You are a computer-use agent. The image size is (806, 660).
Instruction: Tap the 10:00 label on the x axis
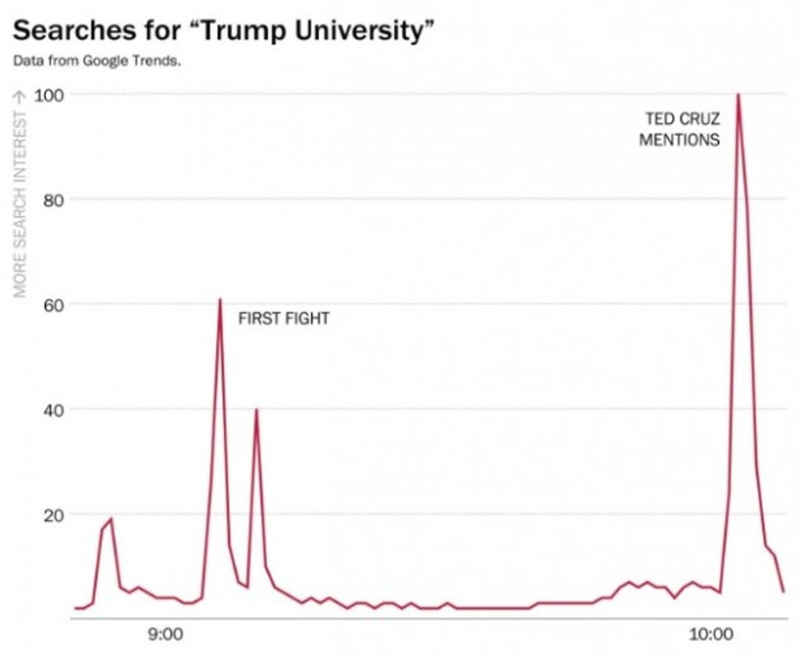pos(711,635)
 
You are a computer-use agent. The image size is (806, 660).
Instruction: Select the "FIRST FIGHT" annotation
pos(284,319)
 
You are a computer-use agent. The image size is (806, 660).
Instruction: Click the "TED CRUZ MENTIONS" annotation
pos(679,130)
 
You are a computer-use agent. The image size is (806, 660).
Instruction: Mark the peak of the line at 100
pos(739,95)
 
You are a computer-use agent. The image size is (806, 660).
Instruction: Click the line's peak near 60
pos(220,299)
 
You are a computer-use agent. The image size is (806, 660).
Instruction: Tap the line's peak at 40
pos(257,409)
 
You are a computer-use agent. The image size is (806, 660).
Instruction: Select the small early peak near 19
pos(111,519)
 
